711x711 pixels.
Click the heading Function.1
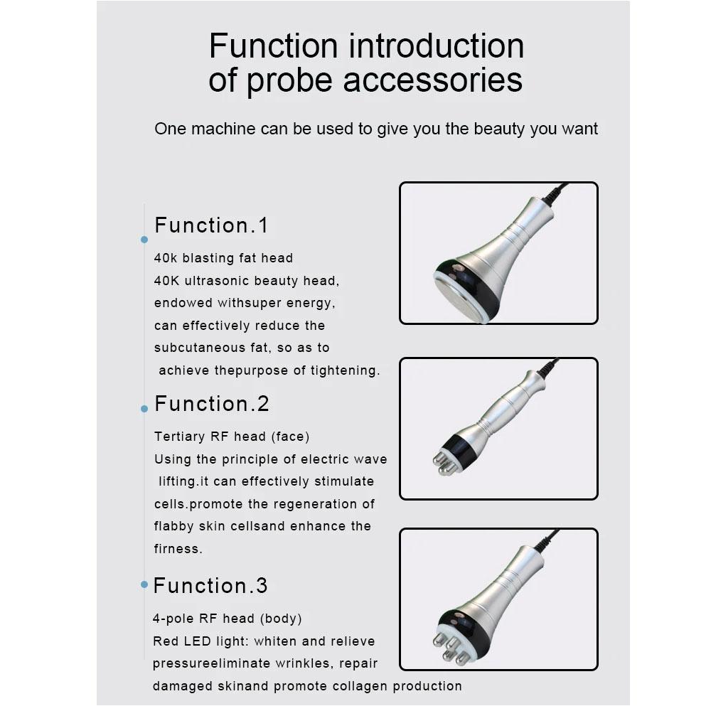click(x=211, y=225)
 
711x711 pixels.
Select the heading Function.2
click(x=212, y=404)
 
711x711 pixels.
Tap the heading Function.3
click(x=210, y=586)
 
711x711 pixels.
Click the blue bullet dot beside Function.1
click(x=144, y=240)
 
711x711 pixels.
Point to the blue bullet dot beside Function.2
click(x=144, y=409)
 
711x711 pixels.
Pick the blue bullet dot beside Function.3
click(x=144, y=584)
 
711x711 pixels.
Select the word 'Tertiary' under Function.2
click(x=180, y=437)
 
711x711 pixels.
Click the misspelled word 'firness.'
click(x=178, y=549)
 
